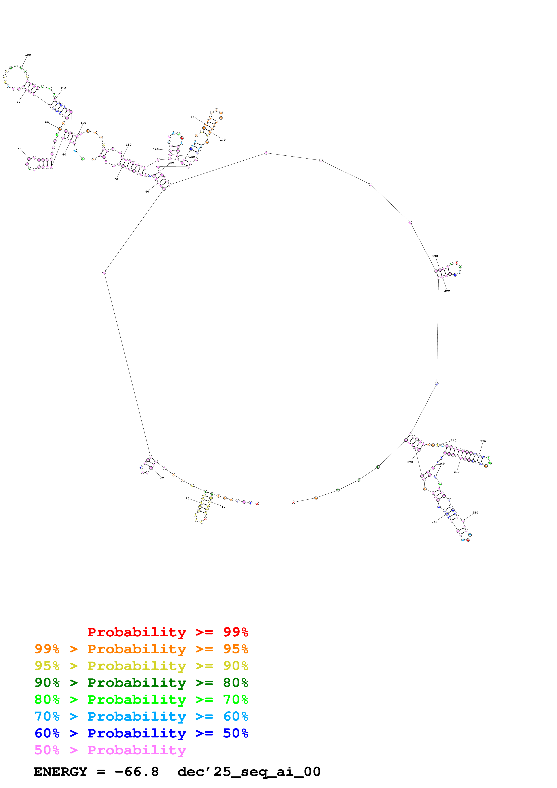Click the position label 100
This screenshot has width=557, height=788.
pyautogui.click(x=28, y=55)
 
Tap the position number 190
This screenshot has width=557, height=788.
pyautogui.click(x=435, y=256)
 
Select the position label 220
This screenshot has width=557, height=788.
pyautogui.click(x=483, y=441)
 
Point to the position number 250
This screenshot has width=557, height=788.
pyautogui.click(x=475, y=512)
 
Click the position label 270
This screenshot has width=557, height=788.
pyautogui.click(x=410, y=462)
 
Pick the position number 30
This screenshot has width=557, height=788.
pyautogui.click(x=162, y=477)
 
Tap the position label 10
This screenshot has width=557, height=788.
pyautogui.click(x=223, y=507)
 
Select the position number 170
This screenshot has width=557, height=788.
pyautogui.click(x=223, y=140)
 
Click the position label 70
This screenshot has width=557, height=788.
pyautogui.click(x=20, y=148)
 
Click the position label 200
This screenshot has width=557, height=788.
pyautogui.click(x=447, y=291)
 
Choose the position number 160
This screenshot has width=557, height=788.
pyautogui.click(x=193, y=117)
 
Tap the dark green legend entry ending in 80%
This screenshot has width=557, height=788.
pyautogui.click(x=141, y=683)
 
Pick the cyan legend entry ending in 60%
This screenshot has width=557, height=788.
pyautogui.click(x=141, y=716)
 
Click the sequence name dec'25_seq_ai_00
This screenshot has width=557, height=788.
pyautogui.click(x=249, y=772)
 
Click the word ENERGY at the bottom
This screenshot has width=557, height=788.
pyautogui.click(x=60, y=772)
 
